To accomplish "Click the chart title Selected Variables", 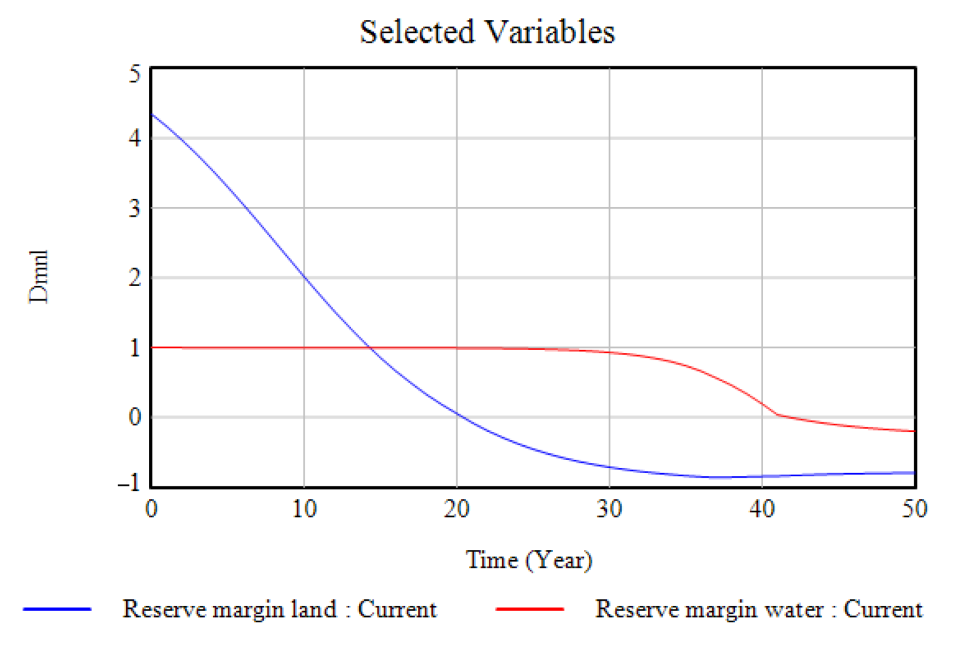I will (487, 32).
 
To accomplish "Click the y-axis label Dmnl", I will (39, 277).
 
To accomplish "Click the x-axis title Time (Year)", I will (528, 560).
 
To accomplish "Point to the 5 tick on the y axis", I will (135, 74).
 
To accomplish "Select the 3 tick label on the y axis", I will (135, 208).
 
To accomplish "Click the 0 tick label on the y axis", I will (135, 417).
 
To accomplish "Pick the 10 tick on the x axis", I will (304, 508).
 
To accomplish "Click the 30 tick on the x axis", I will (609, 508).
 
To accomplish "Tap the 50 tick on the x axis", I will (914, 508).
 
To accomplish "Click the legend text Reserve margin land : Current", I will (279, 609).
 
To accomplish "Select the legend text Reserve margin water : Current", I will (758, 609).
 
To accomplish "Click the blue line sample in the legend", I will (57, 609).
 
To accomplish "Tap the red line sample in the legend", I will (530, 609).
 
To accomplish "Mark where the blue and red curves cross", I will (371, 348).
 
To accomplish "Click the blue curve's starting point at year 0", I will (152, 114).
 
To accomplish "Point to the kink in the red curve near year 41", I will (777, 415).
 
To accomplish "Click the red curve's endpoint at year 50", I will (914, 431).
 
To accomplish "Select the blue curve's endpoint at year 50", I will (914, 473).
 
